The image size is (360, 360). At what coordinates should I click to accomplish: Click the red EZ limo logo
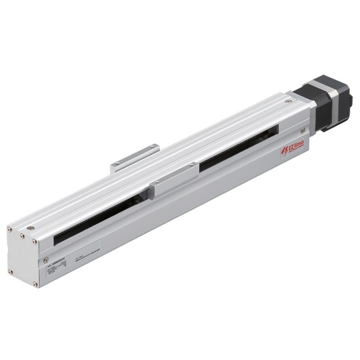[292, 149]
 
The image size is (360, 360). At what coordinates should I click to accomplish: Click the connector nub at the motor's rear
[348, 101]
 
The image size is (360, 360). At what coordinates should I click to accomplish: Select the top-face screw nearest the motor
[288, 101]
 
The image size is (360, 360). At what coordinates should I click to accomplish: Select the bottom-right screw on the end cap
[35, 283]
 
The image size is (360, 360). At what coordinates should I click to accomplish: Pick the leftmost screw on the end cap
[10, 228]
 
